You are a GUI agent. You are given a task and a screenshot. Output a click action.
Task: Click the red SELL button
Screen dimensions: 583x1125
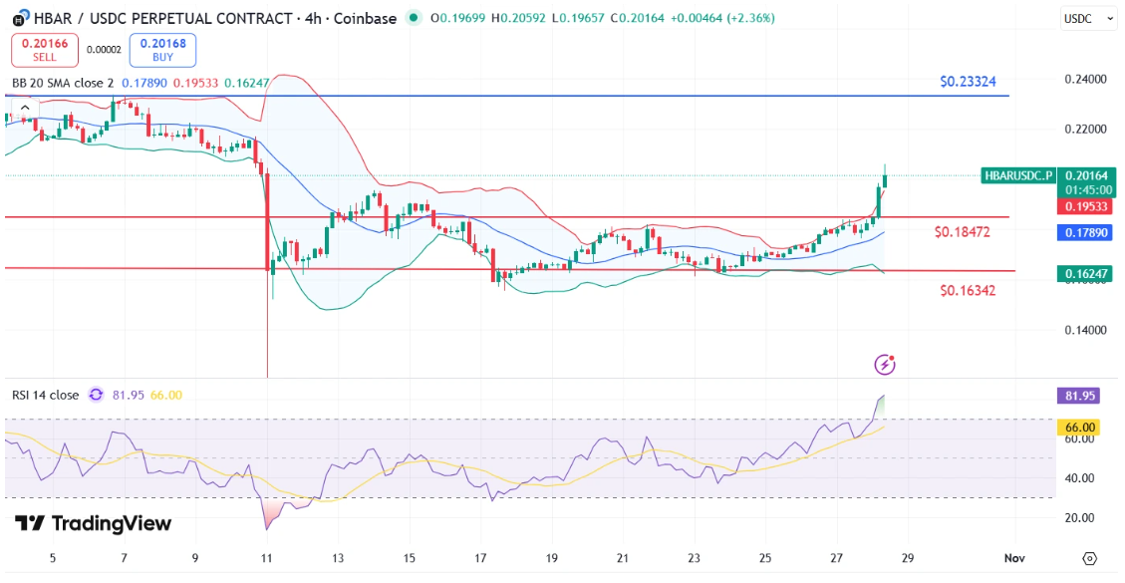[x=44, y=49]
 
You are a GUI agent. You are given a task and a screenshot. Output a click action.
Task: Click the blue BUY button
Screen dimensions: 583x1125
[x=162, y=49]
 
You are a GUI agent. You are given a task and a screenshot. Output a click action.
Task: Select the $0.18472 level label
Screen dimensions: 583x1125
[x=963, y=232]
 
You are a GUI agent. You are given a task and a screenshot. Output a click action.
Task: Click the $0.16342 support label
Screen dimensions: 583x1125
[x=968, y=290]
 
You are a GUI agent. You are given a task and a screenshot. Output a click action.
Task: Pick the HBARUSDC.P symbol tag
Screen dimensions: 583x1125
[x=1017, y=175]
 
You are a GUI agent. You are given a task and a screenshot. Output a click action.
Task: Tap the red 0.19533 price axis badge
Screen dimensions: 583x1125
[x=1083, y=206]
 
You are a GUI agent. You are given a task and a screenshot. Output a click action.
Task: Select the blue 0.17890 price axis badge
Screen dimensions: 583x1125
[x=1083, y=232]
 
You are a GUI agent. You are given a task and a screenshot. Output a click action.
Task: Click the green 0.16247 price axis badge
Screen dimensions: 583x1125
[x=1083, y=272]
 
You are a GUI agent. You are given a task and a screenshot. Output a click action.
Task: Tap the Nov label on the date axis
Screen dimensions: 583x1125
[x=1013, y=558]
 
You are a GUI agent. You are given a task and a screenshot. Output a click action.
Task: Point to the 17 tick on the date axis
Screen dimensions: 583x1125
[x=480, y=558]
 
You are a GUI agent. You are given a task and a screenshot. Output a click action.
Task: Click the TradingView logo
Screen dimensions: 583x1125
[x=94, y=524]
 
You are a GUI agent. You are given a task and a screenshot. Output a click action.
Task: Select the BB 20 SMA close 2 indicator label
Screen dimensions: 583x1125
[x=63, y=83]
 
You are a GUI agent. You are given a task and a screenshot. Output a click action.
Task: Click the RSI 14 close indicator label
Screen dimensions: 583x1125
[x=46, y=395]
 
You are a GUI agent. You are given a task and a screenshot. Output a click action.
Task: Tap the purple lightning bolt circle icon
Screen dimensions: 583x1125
[x=885, y=365]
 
